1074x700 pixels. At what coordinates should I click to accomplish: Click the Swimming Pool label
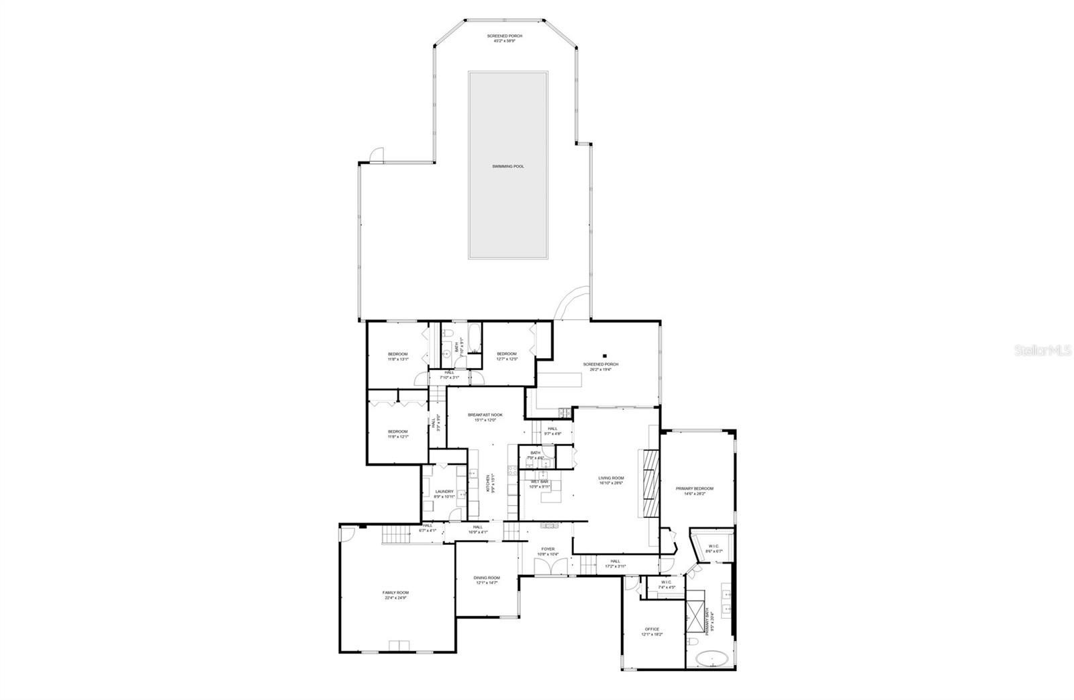tap(507, 166)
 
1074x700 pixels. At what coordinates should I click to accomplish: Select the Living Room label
tap(611, 480)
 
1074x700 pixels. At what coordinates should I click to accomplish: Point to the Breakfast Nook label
tap(485, 417)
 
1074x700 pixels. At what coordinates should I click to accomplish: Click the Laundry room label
tap(444, 494)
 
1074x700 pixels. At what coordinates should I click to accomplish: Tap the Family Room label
tap(396, 595)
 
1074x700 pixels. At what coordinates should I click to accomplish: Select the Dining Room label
tap(487, 580)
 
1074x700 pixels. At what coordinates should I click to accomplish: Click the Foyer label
tap(547, 551)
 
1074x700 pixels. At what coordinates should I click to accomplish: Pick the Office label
tap(651, 631)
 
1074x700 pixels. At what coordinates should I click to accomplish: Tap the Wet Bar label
tap(539, 484)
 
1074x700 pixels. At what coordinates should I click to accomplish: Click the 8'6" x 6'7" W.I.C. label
tap(714, 548)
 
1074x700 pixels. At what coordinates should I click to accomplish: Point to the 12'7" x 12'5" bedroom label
tap(506, 356)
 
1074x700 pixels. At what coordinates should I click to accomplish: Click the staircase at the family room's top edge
tap(394, 536)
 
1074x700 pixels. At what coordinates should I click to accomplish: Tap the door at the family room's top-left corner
tap(346, 533)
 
